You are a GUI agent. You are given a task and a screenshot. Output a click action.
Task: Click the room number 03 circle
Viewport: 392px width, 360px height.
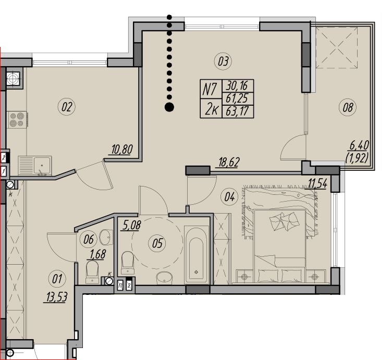[223, 61]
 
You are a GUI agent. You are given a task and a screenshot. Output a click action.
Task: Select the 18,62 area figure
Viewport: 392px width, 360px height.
[229, 162]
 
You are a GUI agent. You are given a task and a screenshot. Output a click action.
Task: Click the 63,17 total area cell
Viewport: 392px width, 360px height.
[238, 111]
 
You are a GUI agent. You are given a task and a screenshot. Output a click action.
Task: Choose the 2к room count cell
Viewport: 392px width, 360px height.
[211, 108]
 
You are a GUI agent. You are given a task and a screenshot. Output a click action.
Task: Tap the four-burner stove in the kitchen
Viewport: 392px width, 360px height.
[17, 120]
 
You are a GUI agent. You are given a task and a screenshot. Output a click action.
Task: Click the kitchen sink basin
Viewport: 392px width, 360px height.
[42, 165]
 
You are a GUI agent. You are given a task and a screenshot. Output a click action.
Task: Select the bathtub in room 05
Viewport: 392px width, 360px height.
[196, 255]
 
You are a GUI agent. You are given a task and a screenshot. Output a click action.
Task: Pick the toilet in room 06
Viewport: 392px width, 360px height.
[92, 272]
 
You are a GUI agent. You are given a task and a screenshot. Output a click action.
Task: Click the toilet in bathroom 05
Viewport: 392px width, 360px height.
[128, 263]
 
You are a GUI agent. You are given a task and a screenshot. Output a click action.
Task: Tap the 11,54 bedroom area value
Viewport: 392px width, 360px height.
[317, 184]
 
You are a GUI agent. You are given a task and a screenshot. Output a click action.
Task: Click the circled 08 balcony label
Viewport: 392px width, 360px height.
[348, 108]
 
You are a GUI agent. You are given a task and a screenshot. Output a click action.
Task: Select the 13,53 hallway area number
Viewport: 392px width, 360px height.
[56, 297]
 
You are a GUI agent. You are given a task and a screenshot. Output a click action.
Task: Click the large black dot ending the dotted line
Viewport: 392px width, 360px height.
[169, 107]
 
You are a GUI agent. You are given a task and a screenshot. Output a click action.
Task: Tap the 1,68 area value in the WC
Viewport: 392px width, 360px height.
[98, 255]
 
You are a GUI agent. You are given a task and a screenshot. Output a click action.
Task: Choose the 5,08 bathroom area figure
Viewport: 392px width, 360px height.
[131, 226]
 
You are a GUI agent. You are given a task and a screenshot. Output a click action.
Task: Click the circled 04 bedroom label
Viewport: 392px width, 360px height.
[229, 197]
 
